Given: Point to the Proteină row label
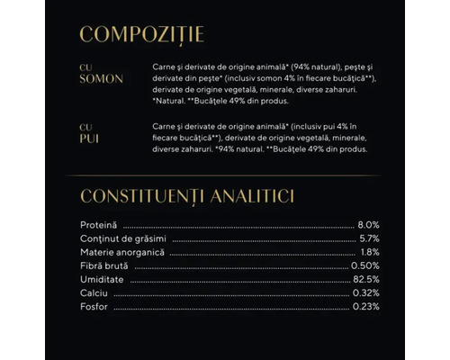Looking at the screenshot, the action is (99, 223).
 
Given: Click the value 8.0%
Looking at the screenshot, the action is (367, 223).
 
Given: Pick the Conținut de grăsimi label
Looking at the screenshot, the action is (118, 238).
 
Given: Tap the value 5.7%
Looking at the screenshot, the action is (367, 238).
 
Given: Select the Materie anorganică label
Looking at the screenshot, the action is (116, 252).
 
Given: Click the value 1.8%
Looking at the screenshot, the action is (368, 252).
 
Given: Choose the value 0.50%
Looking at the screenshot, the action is (364, 266).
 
